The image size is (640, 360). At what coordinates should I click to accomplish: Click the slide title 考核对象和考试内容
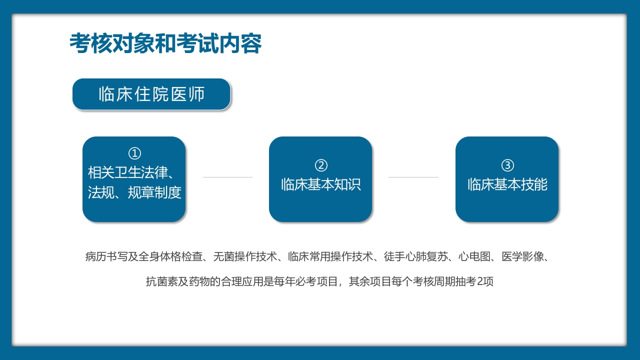click(x=165, y=44)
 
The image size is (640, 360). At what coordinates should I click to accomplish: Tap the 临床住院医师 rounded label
click(x=151, y=94)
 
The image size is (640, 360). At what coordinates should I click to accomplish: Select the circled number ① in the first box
click(x=134, y=153)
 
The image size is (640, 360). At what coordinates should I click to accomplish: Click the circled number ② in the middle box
click(x=321, y=165)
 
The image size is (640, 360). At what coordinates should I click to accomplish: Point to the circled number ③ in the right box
click(x=507, y=165)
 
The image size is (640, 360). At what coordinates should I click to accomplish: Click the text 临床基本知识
click(x=321, y=184)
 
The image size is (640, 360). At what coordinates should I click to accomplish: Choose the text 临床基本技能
click(x=507, y=184)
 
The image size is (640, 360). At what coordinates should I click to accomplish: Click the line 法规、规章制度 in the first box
click(x=134, y=192)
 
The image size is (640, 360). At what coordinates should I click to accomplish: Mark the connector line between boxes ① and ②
click(x=227, y=177)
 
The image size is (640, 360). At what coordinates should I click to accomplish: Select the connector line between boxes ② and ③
click(x=413, y=177)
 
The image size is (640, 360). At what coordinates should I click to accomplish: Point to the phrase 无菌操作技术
click(x=245, y=257)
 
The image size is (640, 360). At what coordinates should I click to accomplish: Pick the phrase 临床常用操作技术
click(x=331, y=257)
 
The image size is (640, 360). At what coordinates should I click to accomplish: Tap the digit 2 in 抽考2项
click(x=481, y=282)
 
